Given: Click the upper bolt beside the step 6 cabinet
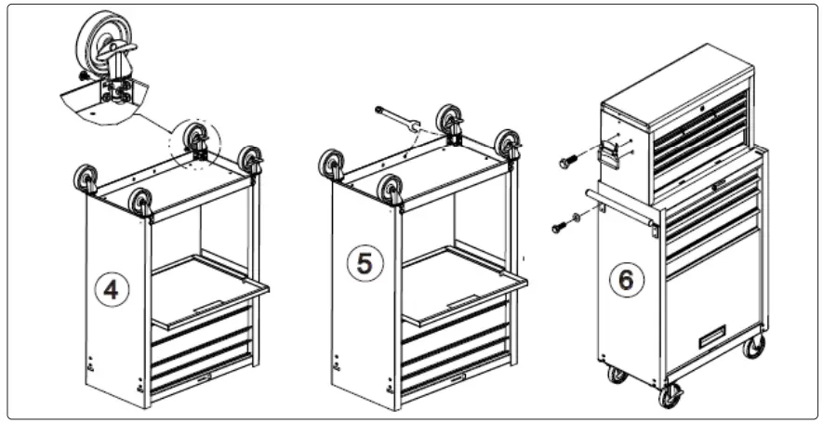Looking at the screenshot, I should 568,162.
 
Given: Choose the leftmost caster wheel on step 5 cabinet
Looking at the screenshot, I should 332,165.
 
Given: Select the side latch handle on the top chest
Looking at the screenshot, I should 610,151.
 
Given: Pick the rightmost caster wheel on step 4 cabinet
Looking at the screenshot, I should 250,158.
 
